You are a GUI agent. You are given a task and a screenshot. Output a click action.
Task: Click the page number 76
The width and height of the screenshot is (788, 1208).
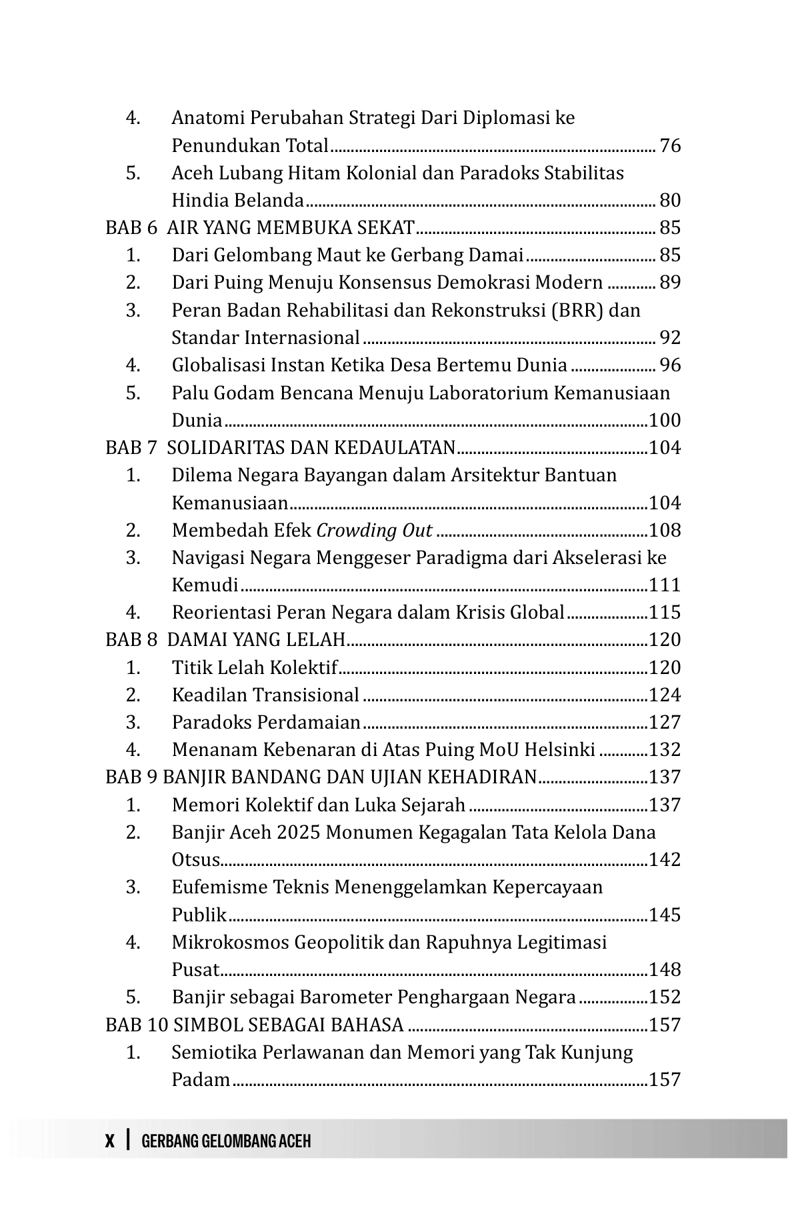670,145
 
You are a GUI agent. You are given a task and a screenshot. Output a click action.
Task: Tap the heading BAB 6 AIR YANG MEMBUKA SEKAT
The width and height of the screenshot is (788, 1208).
260,228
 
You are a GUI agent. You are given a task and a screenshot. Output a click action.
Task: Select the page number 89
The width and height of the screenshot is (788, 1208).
670,283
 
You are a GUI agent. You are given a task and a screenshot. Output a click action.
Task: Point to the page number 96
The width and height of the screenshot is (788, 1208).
670,365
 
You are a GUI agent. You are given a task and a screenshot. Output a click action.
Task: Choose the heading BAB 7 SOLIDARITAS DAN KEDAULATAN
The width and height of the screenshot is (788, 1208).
280,447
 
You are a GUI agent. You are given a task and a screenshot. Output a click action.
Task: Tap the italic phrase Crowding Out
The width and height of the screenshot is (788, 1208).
374,530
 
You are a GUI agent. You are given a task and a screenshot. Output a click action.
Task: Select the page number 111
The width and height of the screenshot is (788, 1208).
665,585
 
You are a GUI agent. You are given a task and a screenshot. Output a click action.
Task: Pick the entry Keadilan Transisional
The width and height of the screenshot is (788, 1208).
265,695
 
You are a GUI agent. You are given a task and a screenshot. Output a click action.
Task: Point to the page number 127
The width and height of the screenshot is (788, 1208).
665,722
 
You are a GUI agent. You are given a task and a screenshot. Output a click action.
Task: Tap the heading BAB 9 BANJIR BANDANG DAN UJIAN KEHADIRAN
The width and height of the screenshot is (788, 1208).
321,777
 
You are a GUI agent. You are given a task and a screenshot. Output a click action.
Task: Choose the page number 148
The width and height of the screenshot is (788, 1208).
665,969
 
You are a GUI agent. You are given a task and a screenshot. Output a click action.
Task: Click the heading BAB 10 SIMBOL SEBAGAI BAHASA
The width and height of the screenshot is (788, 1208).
255,1024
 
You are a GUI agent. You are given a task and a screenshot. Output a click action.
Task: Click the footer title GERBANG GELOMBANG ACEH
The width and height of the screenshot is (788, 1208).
226,1141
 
